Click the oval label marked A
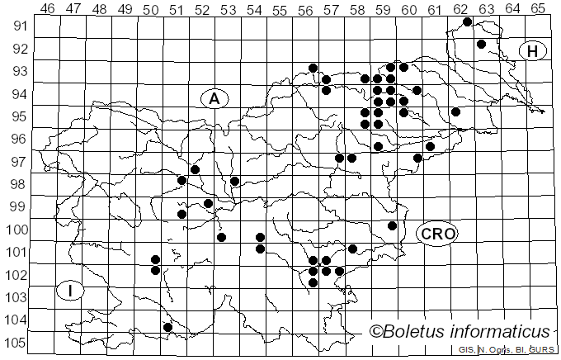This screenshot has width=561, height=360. (214, 98)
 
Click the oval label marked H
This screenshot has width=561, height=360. (533, 51)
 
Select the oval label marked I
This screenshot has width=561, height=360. (71, 291)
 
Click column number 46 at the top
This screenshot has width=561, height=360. (47, 9)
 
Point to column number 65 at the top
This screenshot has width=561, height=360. (538, 9)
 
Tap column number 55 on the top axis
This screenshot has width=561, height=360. (280, 9)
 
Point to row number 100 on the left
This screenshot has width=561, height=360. (17, 230)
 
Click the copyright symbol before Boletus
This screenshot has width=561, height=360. (375, 332)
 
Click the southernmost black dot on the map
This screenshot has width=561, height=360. (167, 327)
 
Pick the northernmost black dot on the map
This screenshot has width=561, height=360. (467, 21)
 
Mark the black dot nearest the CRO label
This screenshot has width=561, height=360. (392, 225)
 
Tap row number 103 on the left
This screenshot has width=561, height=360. (17, 297)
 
